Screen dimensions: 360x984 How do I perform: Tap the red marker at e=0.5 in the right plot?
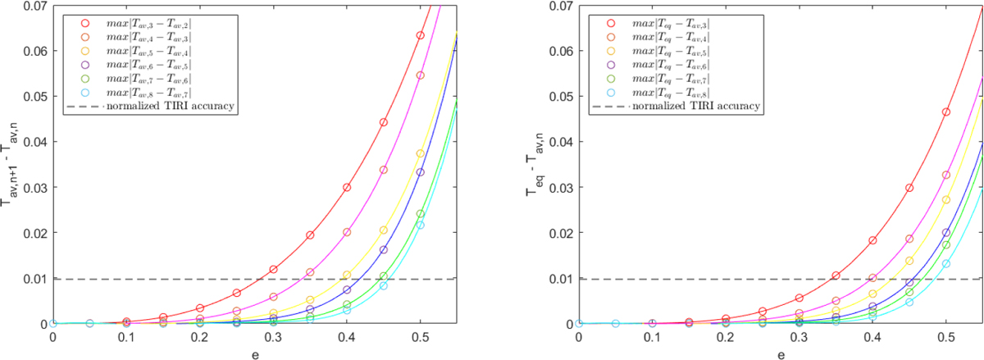point(945,112)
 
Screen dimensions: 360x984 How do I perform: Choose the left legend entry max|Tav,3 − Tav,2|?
point(131,20)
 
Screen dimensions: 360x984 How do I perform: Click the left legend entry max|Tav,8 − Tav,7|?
point(131,91)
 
